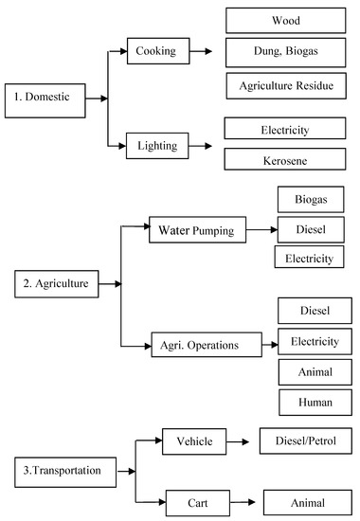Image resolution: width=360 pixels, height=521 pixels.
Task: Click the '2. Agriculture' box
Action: click(x=58, y=283)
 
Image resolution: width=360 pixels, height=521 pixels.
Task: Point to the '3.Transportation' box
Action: click(x=58, y=467)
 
